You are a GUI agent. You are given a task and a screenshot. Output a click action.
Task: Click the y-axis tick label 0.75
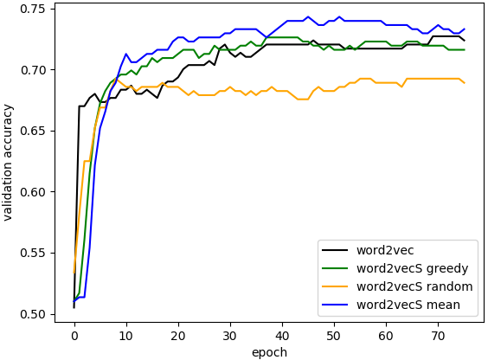pos(33,9)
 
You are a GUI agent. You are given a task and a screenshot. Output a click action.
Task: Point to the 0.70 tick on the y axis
pos(33,70)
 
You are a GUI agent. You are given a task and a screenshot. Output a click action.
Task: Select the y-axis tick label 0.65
pos(33,131)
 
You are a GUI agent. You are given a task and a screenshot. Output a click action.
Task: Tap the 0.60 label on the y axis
pos(33,192)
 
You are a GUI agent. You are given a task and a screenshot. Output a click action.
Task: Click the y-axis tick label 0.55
pos(33,253)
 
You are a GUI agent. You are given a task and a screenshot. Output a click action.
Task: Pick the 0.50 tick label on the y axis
pos(33,314)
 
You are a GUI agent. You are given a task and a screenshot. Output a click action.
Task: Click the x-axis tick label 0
pos(74,336)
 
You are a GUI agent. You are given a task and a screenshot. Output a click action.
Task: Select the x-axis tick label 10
pos(126,336)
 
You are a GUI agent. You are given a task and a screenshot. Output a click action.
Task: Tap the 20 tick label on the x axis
pos(178,336)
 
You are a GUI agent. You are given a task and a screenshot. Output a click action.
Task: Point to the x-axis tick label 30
pos(230,336)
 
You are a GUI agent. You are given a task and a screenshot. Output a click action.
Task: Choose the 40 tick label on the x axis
pos(282,336)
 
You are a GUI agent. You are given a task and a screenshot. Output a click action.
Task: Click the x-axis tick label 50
pos(334,336)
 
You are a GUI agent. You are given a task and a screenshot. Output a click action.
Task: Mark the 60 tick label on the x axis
pos(386,336)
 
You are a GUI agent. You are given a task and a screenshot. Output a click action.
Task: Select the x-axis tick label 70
pos(438,336)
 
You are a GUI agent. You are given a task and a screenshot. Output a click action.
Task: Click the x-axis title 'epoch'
pos(269,352)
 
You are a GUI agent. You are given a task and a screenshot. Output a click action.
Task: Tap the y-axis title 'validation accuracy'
pos(8,163)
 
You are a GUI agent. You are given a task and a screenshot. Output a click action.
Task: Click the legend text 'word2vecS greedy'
pos(413,268)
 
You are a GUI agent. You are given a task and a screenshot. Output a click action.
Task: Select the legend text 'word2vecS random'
pos(414,286)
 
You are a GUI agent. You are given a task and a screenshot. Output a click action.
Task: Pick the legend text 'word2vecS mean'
pos(408,305)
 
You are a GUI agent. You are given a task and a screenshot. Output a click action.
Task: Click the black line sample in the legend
pos(335,250)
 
